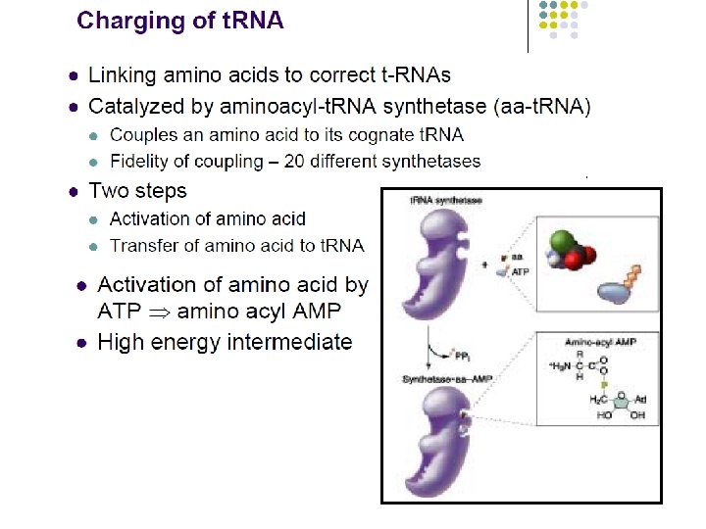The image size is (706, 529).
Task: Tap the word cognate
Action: (356, 134)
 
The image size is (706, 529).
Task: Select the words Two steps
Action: (137, 190)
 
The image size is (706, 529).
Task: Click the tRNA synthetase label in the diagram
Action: (445, 200)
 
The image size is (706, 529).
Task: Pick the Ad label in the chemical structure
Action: (641, 400)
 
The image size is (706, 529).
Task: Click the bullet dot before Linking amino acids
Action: (73, 75)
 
